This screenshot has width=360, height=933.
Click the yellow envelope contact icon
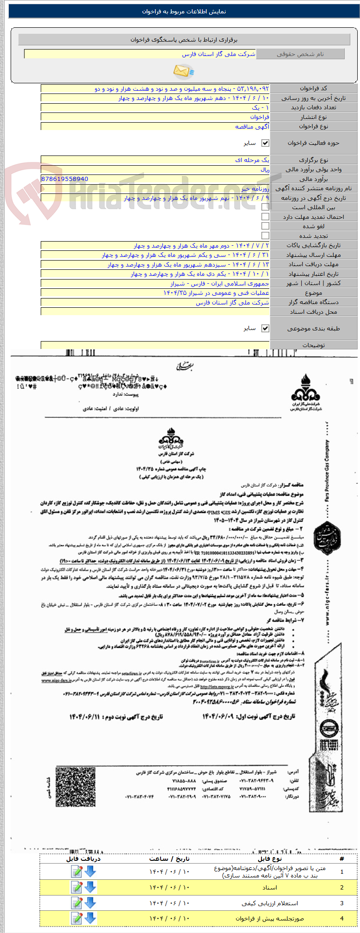pos(183,71)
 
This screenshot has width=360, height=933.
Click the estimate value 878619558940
pos(65,179)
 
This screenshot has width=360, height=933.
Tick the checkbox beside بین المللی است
pos(265,207)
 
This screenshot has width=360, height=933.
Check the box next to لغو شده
pos(265,226)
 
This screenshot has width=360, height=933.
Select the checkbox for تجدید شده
pos(265,236)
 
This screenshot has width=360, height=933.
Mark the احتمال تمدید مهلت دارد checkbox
pos(265,217)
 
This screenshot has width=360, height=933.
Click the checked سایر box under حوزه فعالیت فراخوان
pos(265,143)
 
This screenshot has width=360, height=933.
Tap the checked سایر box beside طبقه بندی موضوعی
pos(265,328)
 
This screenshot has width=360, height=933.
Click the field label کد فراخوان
pos(313,88)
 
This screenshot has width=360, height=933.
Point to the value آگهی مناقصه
pos(252,126)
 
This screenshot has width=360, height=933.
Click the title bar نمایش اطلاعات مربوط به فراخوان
pos(184,12)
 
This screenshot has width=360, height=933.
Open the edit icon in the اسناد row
pos(76,887)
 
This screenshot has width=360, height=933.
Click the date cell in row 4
pos(169,918)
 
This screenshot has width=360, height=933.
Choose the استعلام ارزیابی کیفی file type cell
pos(270,903)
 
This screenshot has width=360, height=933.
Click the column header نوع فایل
pos(270,858)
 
